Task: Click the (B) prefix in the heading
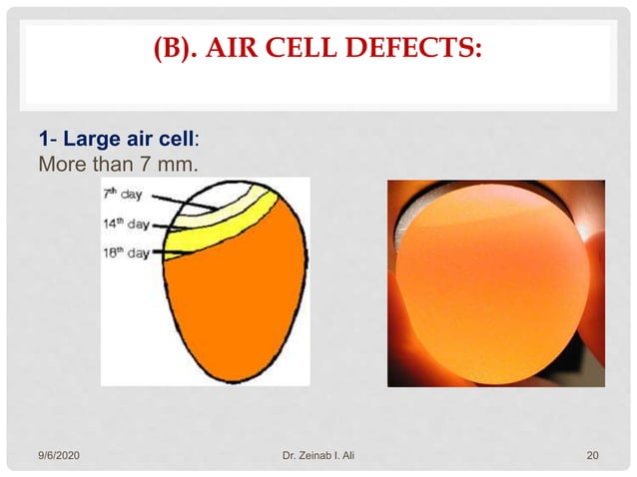point(183,47)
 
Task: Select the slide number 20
point(592,456)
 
